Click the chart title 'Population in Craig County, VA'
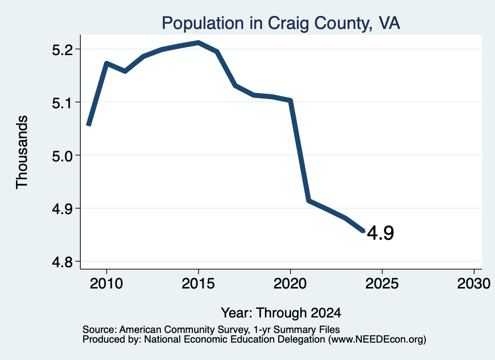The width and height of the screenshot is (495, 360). pyautogui.click(x=281, y=23)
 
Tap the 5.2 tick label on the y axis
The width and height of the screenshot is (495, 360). pyautogui.click(x=63, y=50)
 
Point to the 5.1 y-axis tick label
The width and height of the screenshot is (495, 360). pyautogui.click(x=63, y=102)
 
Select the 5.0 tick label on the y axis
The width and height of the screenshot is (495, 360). pyautogui.click(x=63, y=156)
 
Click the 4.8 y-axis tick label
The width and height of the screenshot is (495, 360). pyautogui.click(x=63, y=262)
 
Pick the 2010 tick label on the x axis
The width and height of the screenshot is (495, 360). pyautogui.click(x=106, y=283)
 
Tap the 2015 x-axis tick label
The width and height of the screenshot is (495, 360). pyautogui.click(x=198, y=283)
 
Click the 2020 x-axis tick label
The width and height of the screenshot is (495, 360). pyautogui.click(x=290, y=283)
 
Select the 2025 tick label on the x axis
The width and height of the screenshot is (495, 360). pyautogui.click(x=382, y=283)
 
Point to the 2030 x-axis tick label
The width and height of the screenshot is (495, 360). pyautogui.click(x=474, y=283)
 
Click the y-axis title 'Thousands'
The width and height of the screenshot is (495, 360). pyautogui.click(x=22, y=152)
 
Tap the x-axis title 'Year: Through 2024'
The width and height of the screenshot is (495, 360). pyautogui.click(x=281, y=313)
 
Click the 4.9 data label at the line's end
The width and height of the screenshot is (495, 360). pyautogui.click(x=380, y=233)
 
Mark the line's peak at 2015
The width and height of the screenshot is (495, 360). pyautogui.click(x=199, y=42)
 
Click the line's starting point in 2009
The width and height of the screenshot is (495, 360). pyautogui.click(x=89, y=125)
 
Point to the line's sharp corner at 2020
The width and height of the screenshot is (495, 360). pyautogui.click(x=291, y=101)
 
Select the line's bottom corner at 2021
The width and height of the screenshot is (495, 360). pyautogui.click(x=309, y=201)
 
